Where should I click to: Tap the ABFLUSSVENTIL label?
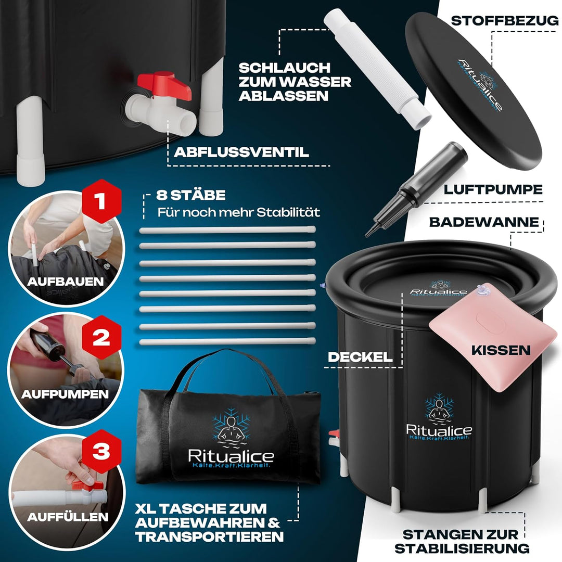(x=241, y=152)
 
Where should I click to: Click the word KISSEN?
(x=501, y=350)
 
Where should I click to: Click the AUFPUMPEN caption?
(x=65, y=394)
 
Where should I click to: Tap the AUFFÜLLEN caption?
(x=68, y=517)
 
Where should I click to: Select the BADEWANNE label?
(x=484, y=222)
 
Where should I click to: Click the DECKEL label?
(x=360, y=357)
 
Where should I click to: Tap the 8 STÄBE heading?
(x=191, y=196)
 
